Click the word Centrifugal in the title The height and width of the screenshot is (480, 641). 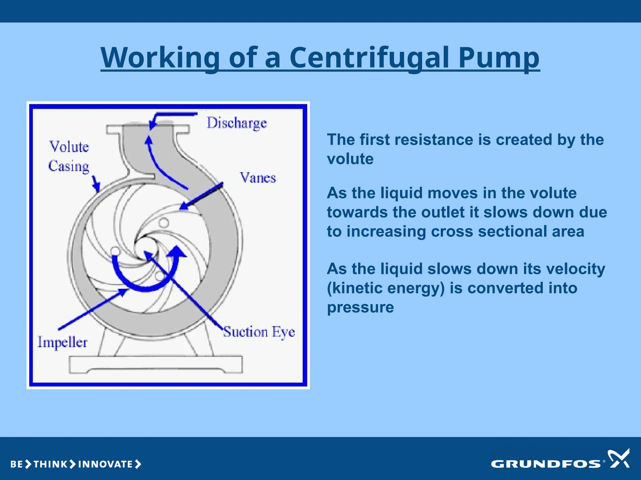pos(369,58)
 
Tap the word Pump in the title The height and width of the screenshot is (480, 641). pos(499,58)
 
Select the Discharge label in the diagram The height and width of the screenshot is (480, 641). pos(237,123)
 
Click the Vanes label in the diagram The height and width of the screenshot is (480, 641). pos(258,178)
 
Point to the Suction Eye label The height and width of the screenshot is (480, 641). pos(259,332)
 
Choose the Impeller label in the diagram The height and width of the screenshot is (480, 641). pos(62,342)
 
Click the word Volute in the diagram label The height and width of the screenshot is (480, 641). pos(69,147)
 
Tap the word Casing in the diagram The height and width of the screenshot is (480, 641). pos(69,166)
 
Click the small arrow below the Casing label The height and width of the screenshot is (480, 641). pos(96,184)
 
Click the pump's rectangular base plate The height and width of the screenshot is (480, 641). pos(156,364)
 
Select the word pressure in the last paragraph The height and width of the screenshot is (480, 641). pos(360,307)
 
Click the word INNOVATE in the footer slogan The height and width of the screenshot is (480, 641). pos(105,464)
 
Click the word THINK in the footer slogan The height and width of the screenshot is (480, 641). pos(50,464)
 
